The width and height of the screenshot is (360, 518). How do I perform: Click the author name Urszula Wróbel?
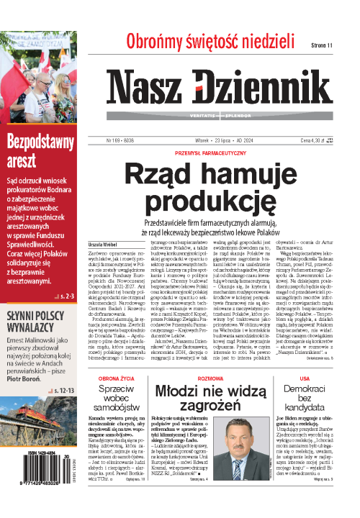tap(102, 243)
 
